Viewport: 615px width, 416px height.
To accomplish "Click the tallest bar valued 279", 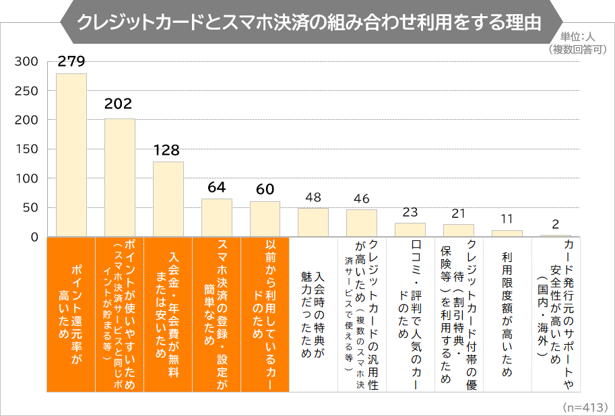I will click(71, 155).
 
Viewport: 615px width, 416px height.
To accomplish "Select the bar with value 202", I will click(119, 178).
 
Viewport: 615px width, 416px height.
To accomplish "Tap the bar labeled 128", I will click(168, 199).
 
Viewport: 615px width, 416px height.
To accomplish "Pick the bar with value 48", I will click(313, 222).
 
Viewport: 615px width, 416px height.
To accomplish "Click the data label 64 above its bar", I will click(216, 187).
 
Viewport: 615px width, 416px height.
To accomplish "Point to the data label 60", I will click(265, 190).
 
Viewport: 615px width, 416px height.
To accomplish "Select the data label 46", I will click(362, 199).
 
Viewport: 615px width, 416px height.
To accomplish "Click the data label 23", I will click(410, 212).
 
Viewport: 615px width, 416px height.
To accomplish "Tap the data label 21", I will click(459, 213).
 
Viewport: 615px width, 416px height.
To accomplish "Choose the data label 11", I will click(507, 219).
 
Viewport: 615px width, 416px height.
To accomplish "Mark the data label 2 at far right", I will click(556, 224).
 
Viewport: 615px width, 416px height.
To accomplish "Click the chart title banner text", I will click(309, 22).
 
